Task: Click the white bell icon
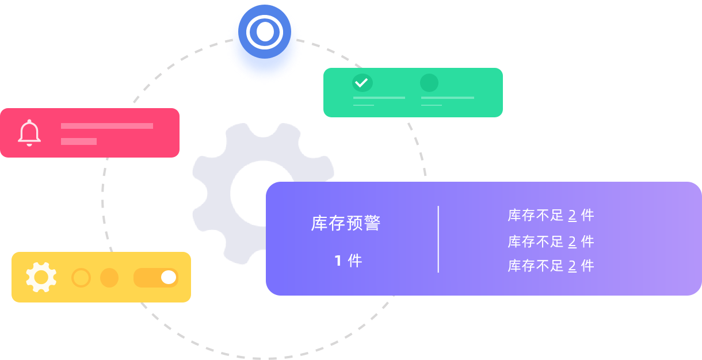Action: click(x=29, y=133)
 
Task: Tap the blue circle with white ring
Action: click(x=265, y=32)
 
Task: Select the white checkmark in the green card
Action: click(x=362, y=83)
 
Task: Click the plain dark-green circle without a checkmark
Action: click(x=429, y=83)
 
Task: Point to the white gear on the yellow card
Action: click(x=41, y=277)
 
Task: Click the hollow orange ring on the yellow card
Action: click(x=81, y=278)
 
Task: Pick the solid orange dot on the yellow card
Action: click(x=109, y=278)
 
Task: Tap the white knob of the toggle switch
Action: click(x=169, y=277)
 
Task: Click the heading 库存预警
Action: click(x=346, y=223)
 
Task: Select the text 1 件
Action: click(x=348, y=261)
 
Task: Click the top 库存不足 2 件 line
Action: click(x=551, y=215)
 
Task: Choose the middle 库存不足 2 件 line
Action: click(x=551, y=242)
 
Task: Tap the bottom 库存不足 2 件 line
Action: click(x=551, y=266)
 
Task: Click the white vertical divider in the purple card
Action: click(x=438, y=239)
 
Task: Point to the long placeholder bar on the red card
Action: click(x=107, y=126)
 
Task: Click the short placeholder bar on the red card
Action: click(x=79, y=141)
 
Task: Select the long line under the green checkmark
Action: click(x=379, y=98)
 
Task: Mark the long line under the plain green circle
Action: click(x=448, y=98)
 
